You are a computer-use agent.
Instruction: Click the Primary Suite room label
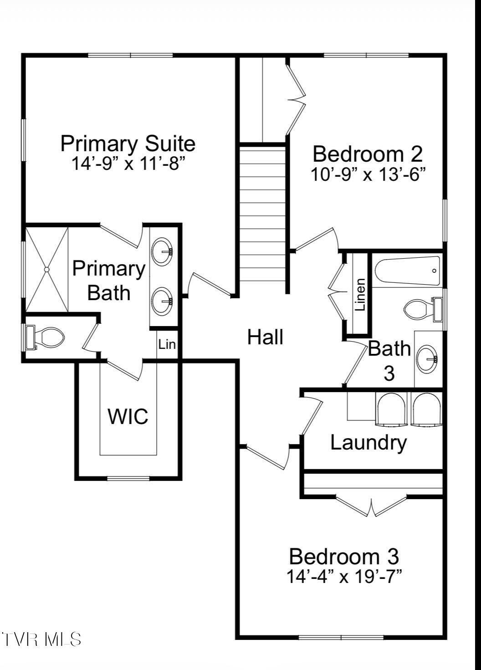coord(128,144)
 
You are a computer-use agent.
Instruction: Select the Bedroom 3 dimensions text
coord(344,577)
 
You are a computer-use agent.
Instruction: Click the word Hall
coord(265,338)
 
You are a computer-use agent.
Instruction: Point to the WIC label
coord(128,416)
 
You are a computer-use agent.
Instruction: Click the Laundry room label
coord(368,443)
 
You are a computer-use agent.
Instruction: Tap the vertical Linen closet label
coord(360,295)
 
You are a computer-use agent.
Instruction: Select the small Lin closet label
coord(167,344)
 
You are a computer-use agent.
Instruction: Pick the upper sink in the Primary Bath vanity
coord(163,251)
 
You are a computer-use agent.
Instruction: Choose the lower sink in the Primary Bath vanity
coord(163,301)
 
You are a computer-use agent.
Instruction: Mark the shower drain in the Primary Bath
coord(46,270)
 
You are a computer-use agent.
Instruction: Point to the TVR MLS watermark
coord(41,639)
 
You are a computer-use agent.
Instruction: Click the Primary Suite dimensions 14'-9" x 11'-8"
coord(128,163)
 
